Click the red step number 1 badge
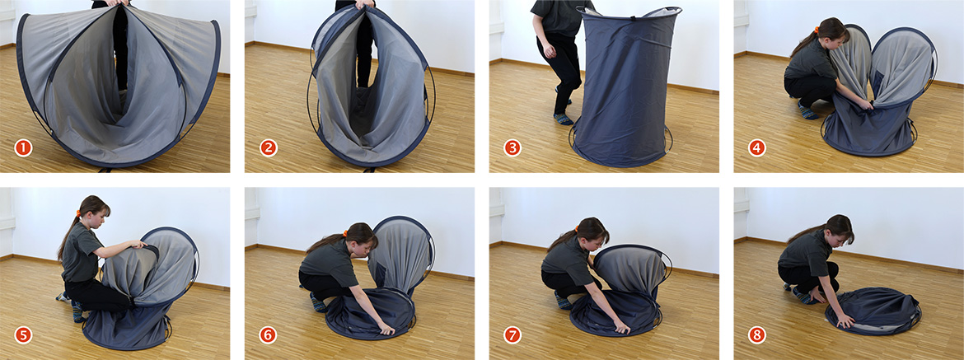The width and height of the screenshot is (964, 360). point(23,148)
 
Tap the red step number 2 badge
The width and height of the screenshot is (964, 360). point(269,148)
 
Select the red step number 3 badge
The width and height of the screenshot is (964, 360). point(512,148)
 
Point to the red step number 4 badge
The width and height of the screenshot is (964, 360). point(757,148)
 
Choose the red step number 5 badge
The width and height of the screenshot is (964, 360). point(23,334)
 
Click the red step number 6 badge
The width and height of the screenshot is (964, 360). point(269,334)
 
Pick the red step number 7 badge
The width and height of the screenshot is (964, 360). point(512,334)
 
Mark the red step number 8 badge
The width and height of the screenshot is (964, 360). point(757,334)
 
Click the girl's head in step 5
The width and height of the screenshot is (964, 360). point(95,212)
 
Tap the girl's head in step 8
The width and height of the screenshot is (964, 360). point(837,229)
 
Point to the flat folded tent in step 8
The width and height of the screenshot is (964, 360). point(873,311)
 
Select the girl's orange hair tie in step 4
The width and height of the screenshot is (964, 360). point(817,30)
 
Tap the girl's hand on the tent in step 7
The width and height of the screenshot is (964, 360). point(622,328)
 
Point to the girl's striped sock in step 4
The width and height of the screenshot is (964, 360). point(807,112)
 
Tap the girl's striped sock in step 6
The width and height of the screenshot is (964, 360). point(318,303)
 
